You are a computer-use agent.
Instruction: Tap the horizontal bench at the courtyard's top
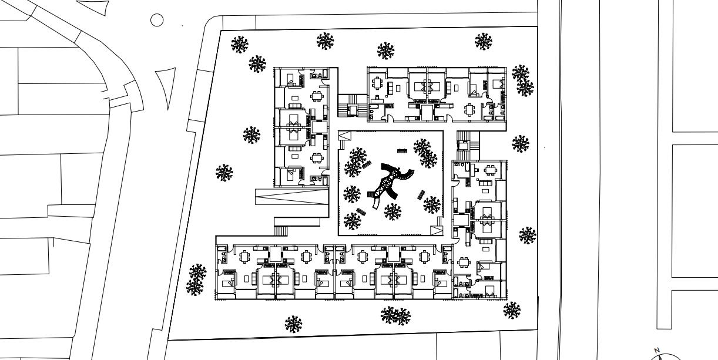coord(402,151)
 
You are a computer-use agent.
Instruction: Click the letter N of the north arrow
coord(657,350)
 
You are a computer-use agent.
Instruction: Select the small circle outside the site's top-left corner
coord(157,21)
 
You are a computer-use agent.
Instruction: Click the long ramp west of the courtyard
coord(291,197)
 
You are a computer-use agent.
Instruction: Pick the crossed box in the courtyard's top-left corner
coord(344,136)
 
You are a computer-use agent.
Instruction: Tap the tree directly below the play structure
coord(392,212)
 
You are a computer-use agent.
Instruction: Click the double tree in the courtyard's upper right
coord(425,153)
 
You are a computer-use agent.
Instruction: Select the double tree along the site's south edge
coord(395,316)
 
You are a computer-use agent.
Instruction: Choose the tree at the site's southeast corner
coord(512,310)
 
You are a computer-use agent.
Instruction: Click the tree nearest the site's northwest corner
coord(239,45)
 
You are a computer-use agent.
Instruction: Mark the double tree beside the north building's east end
coord(522,80)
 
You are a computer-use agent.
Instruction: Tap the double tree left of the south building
coord(196,280)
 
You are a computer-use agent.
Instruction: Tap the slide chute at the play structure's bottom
coord(375,203)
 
